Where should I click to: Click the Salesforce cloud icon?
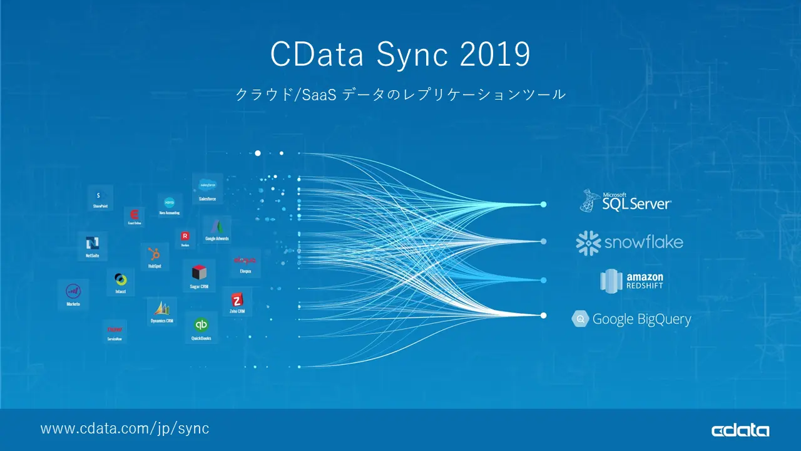click(207, 185)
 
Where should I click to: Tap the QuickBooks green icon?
click(201, 324)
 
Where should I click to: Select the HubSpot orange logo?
click(154, 254)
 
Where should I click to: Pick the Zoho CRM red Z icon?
click(237, 299)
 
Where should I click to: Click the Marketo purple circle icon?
click(73, 291)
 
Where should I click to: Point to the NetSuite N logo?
click(93, 243)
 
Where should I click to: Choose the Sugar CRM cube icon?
click(199, 272)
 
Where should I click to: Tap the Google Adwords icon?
click(217, 227)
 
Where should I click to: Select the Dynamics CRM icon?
click(161, 308)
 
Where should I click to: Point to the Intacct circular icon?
click(120, 279)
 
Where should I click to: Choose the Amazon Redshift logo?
click(632, 281)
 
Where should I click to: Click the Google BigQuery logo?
click(631, 319)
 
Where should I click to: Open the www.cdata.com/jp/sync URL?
click(125, 429)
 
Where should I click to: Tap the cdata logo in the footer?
click(740, 430)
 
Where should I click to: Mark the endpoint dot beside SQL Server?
click(543, 204)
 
